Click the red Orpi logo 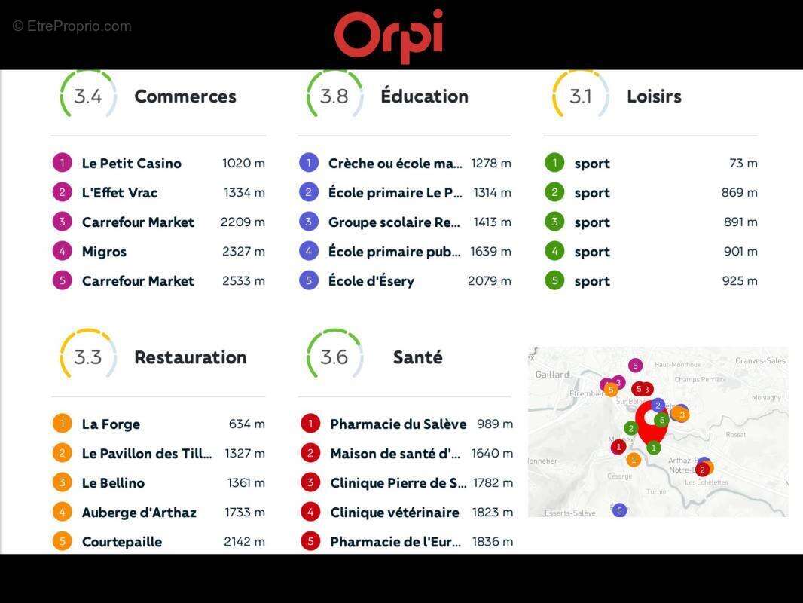(x=389, y=35)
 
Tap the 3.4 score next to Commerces (x=88, y=96)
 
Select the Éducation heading (x=424, y=96)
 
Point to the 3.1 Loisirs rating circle (x=580, y=96)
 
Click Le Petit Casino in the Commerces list (x=131, y=163)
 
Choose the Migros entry (x=104, y=252)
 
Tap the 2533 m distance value (x=244, y=281)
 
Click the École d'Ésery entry (x=371, y=281)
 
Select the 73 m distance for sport (x=743, y=163)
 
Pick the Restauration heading (x=190, y=357)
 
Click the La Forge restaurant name (x=111, y=424)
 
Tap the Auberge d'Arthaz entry (x=139, y=513)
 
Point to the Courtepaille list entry (x=121, y=542)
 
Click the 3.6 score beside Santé (x=334, y=357)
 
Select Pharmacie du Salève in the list (x=398, y=424)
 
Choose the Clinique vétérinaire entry (x=394, y=513)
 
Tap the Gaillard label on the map (x=551, y=375)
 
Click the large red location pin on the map (x=651, y=421)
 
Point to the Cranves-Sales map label (x=760, y=361)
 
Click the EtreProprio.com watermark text (x=72, y=26)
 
